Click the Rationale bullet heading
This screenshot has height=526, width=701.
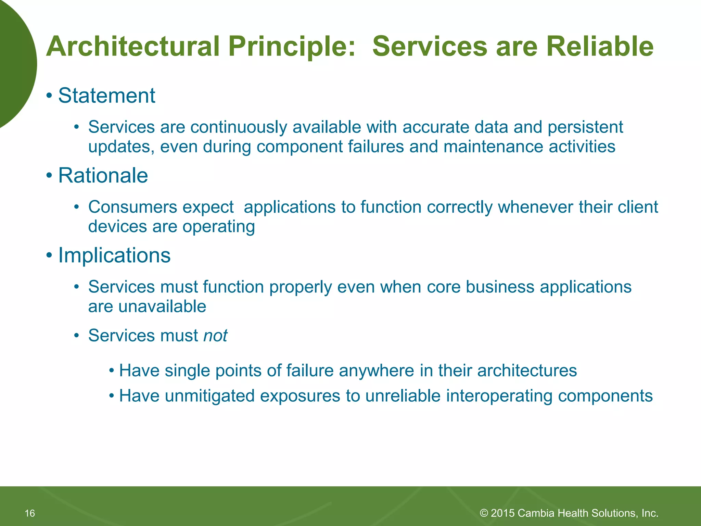pyautogui.click(x=103, y=175)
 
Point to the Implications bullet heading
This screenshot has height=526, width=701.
pyautogui.click(x=114, y=255)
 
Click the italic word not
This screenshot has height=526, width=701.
pyautogui.click(x=215, y=335)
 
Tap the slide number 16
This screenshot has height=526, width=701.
pyautogui.click(x=30, y=513)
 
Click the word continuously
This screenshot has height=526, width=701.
pyautogui.click(x=239, y=127)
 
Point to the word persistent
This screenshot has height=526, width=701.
pyautogui.click(x=585, y=127)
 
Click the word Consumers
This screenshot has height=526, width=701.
pyautogui.click(x=132, y=207)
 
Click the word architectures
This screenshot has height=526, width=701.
pyautogui.click(x=527, y=371)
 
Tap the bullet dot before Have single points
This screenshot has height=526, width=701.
pyautogui.click(x=111, y=371)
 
